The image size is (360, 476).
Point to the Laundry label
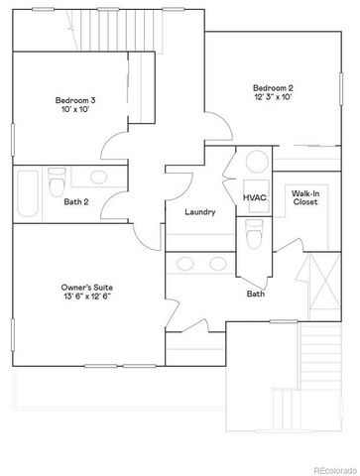(x=200, y=212)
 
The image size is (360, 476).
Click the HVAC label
(x=255, y=197)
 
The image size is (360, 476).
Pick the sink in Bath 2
(x=99, y=178)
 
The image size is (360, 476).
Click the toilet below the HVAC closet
(x=254, y=235)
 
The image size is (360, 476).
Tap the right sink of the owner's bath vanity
(x=218, y=265)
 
